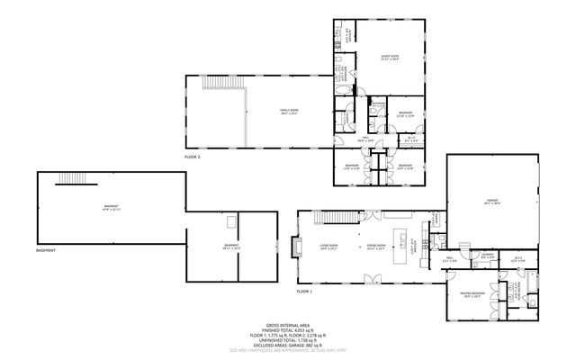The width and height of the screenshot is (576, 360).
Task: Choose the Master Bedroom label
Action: point(472,295)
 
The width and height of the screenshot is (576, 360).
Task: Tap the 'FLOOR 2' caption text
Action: point(193,157)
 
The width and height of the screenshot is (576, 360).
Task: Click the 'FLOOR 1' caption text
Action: point(304,291)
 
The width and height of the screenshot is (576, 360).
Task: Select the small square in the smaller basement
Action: point(231,220)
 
